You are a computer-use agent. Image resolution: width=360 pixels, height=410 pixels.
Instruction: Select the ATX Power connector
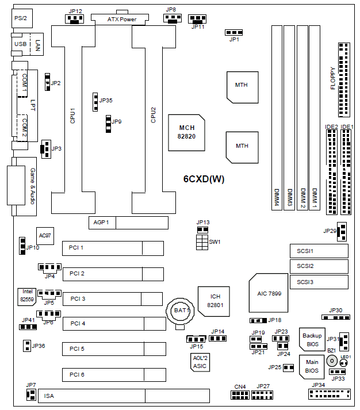(121, 19)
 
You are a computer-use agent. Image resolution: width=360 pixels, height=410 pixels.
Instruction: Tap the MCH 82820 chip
(187, 132)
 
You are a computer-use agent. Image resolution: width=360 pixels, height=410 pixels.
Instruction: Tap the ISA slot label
(49, 396)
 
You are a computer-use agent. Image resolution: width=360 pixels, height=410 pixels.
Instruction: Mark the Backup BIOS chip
(312, 340)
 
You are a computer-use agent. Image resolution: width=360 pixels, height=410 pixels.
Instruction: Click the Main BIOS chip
(312, 366)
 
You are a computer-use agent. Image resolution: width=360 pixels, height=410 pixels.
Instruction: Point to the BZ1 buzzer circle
(332, 361)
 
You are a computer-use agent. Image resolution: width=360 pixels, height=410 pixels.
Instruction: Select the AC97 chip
(45, 235)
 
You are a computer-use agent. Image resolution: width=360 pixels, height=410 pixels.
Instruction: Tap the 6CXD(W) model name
(204, 179)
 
